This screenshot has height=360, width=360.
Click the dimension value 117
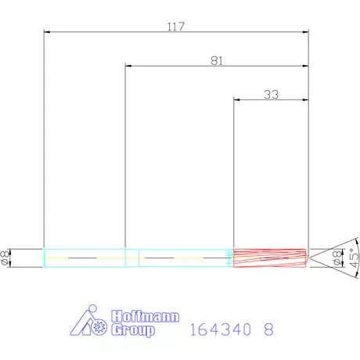(x=175, y=27)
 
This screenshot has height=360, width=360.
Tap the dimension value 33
(x=271, y=94)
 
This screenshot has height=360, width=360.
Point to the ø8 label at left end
(x=6, y=257)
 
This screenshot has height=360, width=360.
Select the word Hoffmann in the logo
(x=146, y=317)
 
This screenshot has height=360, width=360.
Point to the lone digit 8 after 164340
(x=269, y=330)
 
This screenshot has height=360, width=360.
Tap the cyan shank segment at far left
(x=84, y=257)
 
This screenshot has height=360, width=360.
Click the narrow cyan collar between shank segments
(x=131, y=257)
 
